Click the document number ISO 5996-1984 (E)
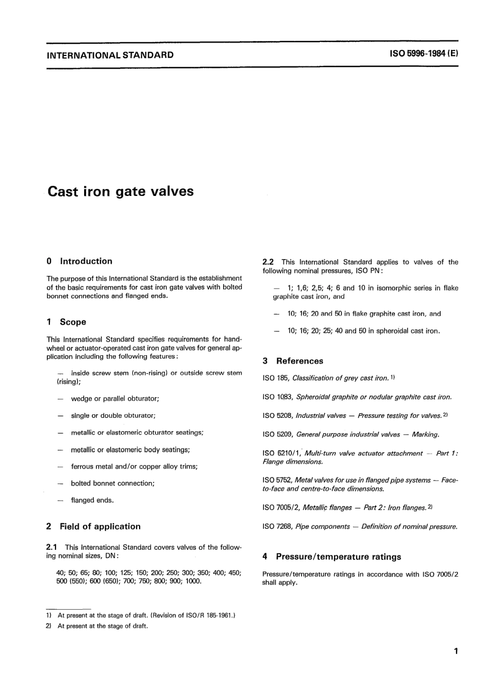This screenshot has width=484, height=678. pos(424,54)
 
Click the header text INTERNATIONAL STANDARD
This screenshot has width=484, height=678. pos(110,55)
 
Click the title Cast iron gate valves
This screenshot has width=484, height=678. pos(121,192)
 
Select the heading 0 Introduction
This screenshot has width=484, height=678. pos(79,262)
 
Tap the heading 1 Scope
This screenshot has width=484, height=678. pos(67,322)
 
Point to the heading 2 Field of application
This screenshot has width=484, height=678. pos(94,527)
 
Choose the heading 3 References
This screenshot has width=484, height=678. pos(293,361)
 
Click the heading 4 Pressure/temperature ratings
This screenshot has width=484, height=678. pos(332,557)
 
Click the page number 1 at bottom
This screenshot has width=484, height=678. pos(455,651)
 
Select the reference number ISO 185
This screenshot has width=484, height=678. pos(276,378)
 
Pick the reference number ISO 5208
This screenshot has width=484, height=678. pos(277,416)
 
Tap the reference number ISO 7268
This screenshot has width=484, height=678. pos(277,527)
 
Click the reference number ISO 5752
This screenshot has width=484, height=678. pos(277,481)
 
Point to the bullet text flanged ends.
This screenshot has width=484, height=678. pos(92,500)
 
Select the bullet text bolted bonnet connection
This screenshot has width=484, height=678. pos(113,484)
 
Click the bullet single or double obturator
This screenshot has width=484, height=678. pos(113,416)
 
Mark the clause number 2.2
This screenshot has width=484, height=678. pos(268,263)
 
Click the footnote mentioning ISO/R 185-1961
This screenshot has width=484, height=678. pos(146,615)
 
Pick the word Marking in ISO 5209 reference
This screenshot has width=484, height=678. pos(425,435)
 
